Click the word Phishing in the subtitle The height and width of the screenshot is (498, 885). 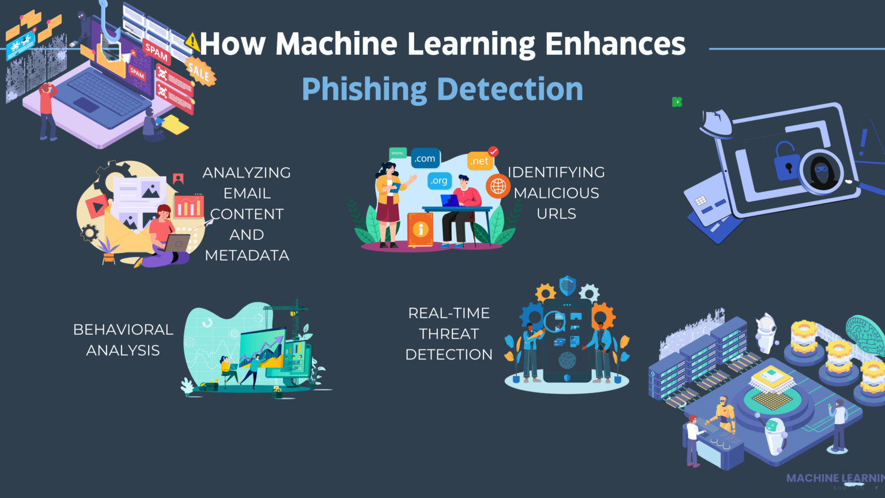click(x=364, y=89)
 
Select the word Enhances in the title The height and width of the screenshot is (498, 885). click(x=615, y=44)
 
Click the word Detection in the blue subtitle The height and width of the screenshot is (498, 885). click(x=510, y=89)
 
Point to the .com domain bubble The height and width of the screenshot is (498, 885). click(x=425, y=159)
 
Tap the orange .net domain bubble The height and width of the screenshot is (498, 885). click(x=479, y=161)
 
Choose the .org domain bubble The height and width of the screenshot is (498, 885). click(x=439, y=181)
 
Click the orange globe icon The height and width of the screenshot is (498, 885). click(x=498, y=186)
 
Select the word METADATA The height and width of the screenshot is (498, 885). click(x=247, y=255)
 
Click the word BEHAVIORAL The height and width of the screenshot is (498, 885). click(x=123, y=330)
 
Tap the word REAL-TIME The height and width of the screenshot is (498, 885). click(x=449, y=313)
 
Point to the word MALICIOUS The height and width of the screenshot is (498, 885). click(x=556, y=193)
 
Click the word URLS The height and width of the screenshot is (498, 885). click(x=556, y=214)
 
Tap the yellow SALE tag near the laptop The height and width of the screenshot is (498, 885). click(x=199, y=73)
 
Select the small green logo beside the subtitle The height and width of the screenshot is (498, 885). click(x=677, y=102)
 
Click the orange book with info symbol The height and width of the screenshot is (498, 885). click(x=420, y=229)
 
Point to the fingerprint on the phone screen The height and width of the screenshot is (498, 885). click(x=567, y=361)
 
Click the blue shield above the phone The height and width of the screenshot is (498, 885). click(x=568, y=285)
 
